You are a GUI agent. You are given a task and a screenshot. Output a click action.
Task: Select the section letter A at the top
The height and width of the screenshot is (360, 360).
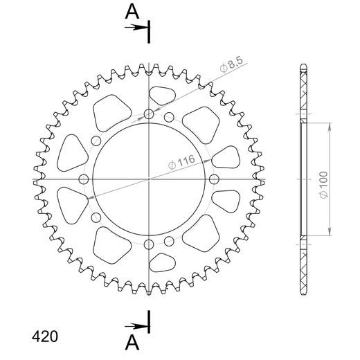[x=132, y=11]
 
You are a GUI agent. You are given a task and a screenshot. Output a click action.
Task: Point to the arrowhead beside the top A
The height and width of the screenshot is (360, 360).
[x=143, y=27]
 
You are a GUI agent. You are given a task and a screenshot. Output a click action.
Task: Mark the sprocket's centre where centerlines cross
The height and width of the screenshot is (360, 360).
[x=150, y=180]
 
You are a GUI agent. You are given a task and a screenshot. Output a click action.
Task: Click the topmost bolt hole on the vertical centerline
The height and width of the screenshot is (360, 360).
[x=150, y=114]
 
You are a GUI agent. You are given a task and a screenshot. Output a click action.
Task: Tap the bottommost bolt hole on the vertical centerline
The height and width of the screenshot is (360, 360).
[x=150, y=244]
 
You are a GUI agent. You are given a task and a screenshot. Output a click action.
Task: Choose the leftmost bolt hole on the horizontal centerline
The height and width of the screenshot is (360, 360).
[x=84, y=180]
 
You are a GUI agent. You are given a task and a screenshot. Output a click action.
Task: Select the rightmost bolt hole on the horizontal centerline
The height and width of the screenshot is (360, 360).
[x=215, y=180]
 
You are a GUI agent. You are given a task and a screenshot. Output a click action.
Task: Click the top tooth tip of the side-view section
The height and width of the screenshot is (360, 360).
[x=303, y=66]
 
